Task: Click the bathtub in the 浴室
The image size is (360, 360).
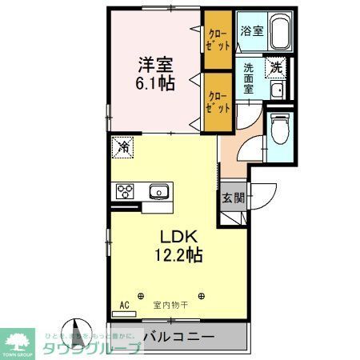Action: point(279,33)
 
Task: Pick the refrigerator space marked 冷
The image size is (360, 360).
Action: point(124,146)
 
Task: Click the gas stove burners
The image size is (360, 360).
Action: point(126,191)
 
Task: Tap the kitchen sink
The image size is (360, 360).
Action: point(158,191)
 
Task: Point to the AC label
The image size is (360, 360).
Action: point(124,305)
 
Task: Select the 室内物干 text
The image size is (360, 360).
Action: point(170,305)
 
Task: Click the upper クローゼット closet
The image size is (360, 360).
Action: point(216,39)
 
